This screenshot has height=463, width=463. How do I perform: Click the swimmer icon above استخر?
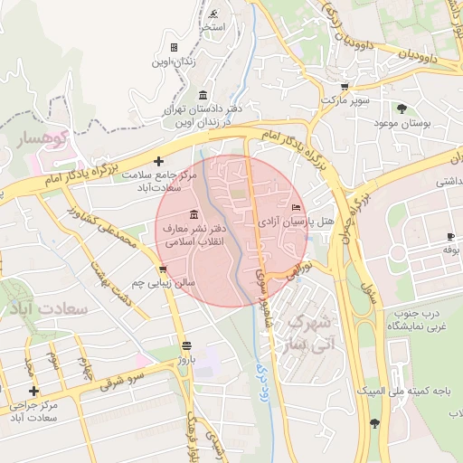(x=213, y=14)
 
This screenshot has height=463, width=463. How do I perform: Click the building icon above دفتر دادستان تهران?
(x=202, y=95)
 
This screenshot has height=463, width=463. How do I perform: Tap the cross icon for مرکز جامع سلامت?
(x=159, y=160)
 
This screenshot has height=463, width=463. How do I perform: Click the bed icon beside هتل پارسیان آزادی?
(x=296, y=208)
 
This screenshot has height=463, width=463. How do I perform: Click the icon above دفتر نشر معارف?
(x=194, y=214)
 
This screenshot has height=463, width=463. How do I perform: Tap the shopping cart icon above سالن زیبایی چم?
(x=162, y=269)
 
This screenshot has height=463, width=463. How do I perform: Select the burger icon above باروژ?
(x=186, y=345)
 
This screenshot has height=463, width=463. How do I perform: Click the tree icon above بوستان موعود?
(x=401, y=109)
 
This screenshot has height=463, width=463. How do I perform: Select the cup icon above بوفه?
(x=449, y=236)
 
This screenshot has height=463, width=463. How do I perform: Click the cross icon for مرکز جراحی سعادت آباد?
(x=34, y=391)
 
